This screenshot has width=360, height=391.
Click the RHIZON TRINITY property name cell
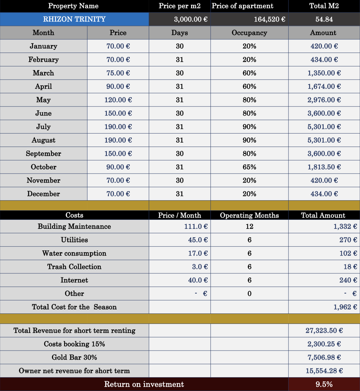(74, 19)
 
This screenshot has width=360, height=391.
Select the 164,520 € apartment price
(269, 19)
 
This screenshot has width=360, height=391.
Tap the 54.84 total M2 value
(324, 19)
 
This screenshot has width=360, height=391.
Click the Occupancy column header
(249, 33)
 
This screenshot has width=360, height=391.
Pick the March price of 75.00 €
(118, 73)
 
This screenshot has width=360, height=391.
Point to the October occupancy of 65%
(249, 167)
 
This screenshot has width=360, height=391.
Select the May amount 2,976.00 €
(324, 100)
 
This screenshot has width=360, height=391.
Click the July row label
(43, 127)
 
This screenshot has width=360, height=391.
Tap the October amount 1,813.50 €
(324, 167)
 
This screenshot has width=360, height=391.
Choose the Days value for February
(180, 60)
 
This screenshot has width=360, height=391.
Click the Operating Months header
(249, 215)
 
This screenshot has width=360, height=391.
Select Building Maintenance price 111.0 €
(196, 227)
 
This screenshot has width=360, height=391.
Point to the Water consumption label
(74, 253)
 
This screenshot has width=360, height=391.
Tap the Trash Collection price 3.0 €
(200, 267)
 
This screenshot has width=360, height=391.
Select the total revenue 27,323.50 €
(324, 331)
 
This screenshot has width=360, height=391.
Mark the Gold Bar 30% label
(74, 358)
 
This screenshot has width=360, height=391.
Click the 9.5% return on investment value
(324, 384)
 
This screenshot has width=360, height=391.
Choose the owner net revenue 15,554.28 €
(324, 371)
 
